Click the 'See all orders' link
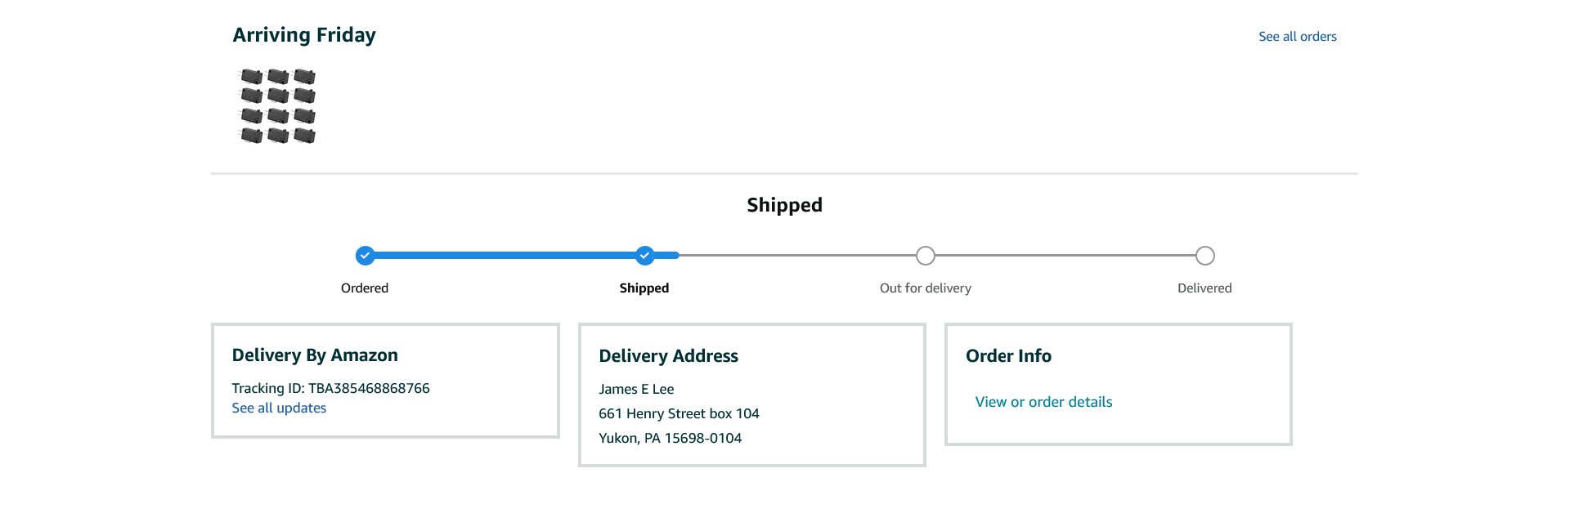point(1297,37)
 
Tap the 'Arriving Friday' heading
point(304,35)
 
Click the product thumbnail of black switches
point(277,106)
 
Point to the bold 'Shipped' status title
point(784,205)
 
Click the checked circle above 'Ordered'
point(365,256)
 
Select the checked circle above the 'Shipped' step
point(645,256)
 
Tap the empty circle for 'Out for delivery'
point(925,256)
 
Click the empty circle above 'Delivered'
point(1204,256)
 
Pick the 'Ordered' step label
point(365,288)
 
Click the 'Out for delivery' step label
point(925,288)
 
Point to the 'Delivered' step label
point(1204,288)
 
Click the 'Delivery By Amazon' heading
point(315,355)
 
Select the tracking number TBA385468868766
point(369,388)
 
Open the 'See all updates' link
point(279,408)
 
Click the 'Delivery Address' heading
point(668,356)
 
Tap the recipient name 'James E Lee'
point(636,390)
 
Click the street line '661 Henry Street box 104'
point(679,414)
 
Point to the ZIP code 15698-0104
point(702,439)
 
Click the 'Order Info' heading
point(1008,356)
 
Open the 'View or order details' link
point(1043,402)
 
